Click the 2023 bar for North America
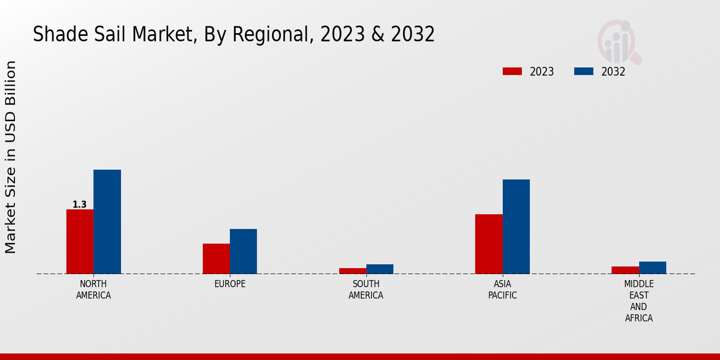click(x=80, y=241)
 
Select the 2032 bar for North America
click(x=107, y=221)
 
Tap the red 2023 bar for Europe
click(x=216, y=259)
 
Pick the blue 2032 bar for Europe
click(x=243, y=251)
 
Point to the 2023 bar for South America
click(x=352, y=271)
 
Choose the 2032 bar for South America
click(x=380, y=269)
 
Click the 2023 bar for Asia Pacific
click(x=488, y=244)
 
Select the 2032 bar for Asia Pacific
click(x=516, y=226)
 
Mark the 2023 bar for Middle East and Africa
click(x=625, y=270)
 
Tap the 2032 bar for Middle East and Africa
click(x=652, y=268)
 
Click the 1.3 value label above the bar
click(x=80, y=205)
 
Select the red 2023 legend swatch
click(x=512, y=71)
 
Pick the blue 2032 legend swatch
click(x=584, y=71)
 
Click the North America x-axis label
click(x=94, y=289)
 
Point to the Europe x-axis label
click(x=230, y=284)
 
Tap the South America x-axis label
click(x=366, y=289)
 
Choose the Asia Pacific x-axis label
click(x=502, y=289)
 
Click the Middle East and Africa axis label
click(x=639, y=301)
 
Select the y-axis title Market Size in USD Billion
click(x=11, y=157)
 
